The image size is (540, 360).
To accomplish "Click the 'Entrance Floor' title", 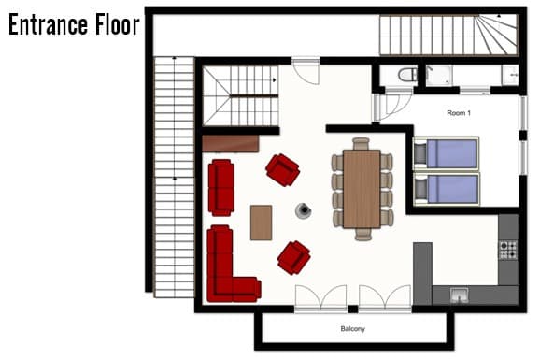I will coord(73,25).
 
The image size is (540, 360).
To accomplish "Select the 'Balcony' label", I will coord(352,329).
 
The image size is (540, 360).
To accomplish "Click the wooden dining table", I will coord(362,189).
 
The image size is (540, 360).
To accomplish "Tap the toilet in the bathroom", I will coord(406,75).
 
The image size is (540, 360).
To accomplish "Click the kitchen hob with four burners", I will coord(508,250).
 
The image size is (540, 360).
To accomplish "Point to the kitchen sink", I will coord(460,295).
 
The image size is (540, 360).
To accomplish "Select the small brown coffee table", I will coord(262,222).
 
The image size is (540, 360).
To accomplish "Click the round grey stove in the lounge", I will coord(304,211).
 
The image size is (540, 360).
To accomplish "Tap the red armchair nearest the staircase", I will coord(281,170).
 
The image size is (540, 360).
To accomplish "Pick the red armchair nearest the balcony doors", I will coord(293,257).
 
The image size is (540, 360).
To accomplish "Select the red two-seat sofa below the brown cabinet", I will coord(220,187).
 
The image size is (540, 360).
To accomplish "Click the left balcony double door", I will coord(320,297).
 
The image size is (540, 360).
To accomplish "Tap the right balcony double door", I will coord(385,297).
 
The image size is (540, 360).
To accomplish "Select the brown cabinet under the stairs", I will coord(230,143).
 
